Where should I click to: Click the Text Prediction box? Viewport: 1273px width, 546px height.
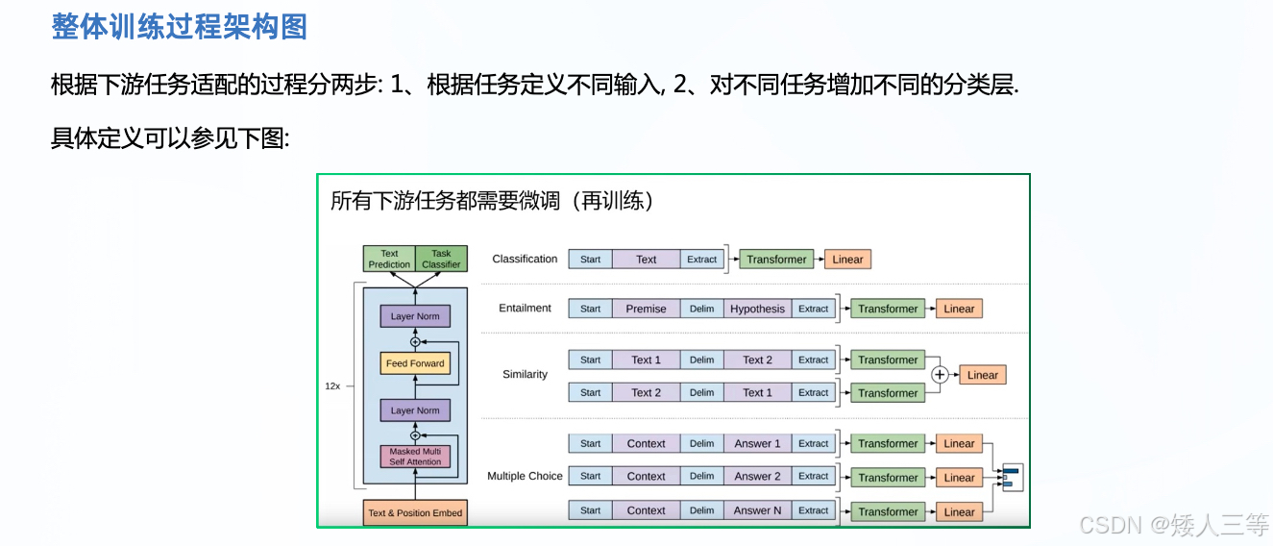point(389,259)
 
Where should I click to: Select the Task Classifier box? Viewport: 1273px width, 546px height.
point(441,259)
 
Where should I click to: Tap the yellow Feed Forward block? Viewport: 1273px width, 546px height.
point(415,363)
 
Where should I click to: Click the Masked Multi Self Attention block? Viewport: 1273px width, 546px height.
point(415,457)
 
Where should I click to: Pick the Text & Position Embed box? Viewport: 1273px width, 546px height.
point(415,512)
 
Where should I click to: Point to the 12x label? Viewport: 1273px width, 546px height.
point(332,385)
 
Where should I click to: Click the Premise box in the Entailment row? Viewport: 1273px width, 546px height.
point(646,309)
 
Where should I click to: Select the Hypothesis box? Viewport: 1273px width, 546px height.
point(757,309)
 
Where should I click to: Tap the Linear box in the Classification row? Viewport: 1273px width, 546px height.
point(847,259)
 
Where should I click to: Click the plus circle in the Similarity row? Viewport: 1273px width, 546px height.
point(940,375)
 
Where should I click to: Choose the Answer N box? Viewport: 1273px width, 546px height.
point(757,510)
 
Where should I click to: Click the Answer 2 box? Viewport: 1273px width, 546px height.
point(757,476)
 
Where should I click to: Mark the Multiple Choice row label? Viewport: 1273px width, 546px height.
point(525,476)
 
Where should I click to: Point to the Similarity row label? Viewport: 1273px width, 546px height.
point(525,374)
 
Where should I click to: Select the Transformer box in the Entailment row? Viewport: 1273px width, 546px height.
point(888,309)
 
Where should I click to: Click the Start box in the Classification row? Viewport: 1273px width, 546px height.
point(590,259)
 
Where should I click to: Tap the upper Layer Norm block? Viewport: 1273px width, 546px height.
point(415,316)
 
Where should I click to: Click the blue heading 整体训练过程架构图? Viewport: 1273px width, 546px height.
point(179,27)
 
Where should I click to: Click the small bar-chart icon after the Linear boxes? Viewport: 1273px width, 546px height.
point(1011,477)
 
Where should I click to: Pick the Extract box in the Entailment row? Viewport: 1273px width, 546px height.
point(813,309)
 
